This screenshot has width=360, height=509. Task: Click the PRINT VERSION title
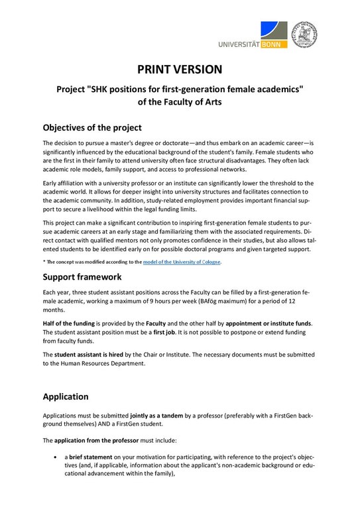(x=180, y=69)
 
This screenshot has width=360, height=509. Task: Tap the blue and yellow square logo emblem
(x=274, y=30)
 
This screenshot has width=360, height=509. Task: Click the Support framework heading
(x=84, y=276)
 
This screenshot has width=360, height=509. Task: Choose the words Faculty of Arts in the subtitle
(x=179, y=102)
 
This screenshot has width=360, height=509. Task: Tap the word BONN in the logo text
(x=268, y=44)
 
